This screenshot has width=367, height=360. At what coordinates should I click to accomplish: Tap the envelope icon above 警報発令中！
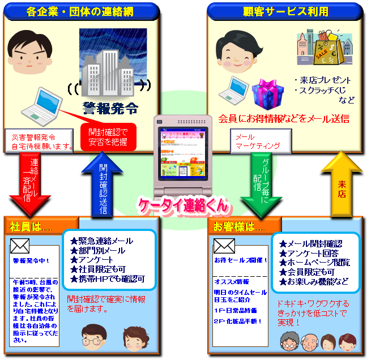point(20,246)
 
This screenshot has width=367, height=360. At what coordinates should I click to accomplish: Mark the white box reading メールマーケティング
point(260,141)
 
